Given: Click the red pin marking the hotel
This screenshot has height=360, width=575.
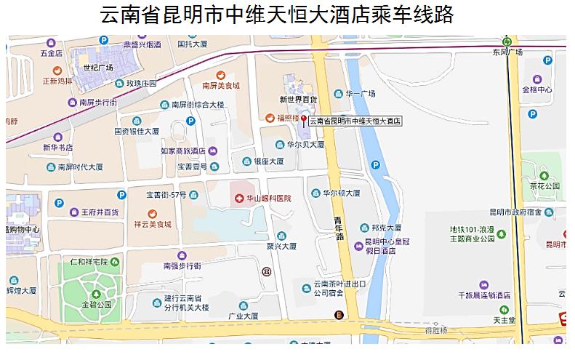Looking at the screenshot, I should click(x=304, y=119).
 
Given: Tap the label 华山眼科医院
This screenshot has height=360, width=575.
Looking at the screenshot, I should click(x=268, y=198).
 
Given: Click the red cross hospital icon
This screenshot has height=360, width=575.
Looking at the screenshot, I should click(x=238, y=198).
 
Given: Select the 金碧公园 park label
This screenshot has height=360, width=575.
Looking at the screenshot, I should click(x=97, y=304).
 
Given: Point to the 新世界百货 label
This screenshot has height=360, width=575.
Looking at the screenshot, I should click(x=299, y=99).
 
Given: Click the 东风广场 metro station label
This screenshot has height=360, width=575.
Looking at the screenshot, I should click(x=507, y=52).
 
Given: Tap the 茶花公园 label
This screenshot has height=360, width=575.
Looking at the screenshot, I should click(x=545, y=185).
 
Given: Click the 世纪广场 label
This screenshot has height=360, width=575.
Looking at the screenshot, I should click(x=98, y=68).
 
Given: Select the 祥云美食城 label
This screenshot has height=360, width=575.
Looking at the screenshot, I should click(x=152, y=224).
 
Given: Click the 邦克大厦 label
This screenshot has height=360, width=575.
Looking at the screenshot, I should click(x=383, y=228).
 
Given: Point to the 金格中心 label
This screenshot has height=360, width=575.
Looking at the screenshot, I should click(x=537, y=89).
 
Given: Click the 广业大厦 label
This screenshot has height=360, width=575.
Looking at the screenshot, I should click(x=244, y=316).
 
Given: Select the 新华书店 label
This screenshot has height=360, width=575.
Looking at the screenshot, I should click(x=59, y=147).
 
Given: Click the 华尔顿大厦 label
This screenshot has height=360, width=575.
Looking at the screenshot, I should click(x=342, y=193).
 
